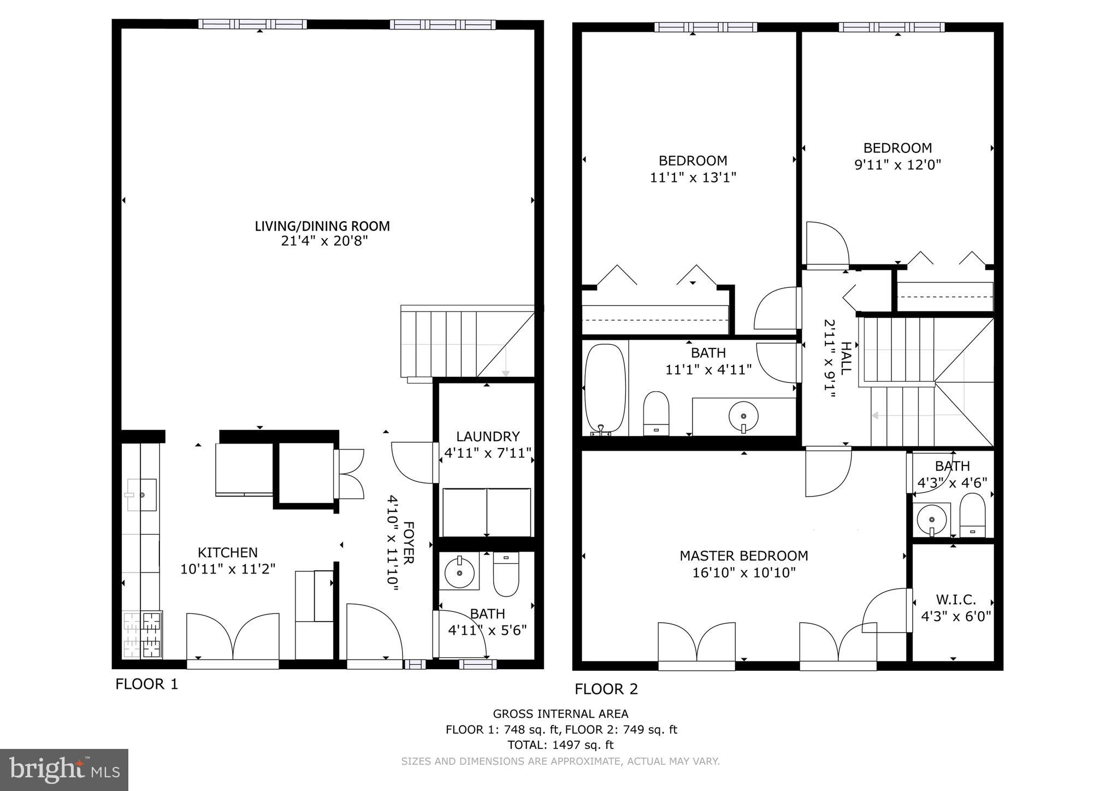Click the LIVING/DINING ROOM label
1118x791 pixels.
coord(322,226)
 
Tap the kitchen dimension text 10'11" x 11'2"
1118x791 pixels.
coord(228,569)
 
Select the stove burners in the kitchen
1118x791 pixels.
coord(143,635)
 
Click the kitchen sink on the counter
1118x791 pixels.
coord(142,494)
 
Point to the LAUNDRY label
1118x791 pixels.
coord(488,436)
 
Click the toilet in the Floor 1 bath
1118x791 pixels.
coord(506,575)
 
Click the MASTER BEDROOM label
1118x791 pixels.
coord(743,556)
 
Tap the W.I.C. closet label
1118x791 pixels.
coord(955,600)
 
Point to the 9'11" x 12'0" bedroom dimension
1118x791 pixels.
coord(897,165)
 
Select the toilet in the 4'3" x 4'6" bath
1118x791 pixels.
coord(972,516)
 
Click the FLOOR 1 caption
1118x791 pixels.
coord(146,684)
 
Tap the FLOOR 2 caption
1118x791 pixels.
coord(606,689)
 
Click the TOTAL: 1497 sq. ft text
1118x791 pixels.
coord(560,745)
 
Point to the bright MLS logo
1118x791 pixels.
coord(64,770)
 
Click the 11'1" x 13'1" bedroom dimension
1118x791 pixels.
coord(693,178)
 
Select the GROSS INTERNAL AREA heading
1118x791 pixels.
coord(560,713)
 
